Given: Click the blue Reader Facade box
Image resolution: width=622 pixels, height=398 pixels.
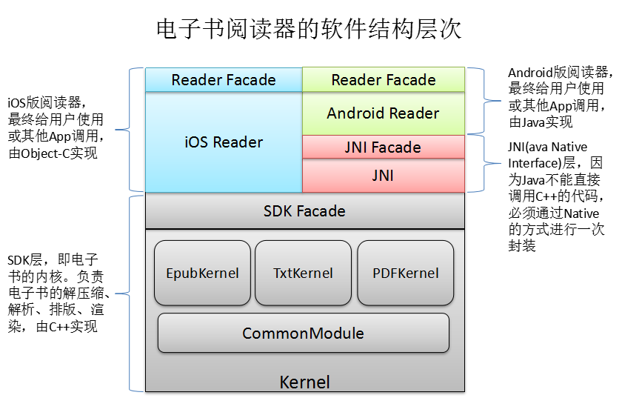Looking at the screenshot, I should [x=223, y=79].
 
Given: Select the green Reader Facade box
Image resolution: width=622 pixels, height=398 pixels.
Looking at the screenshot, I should [x=383, y=79].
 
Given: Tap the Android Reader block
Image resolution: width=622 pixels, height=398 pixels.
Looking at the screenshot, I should [x=383, y=113].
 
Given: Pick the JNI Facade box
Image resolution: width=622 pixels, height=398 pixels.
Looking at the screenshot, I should [x=383, y=147].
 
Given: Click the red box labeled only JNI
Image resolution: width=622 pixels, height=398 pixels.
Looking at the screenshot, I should [x=383, y=176].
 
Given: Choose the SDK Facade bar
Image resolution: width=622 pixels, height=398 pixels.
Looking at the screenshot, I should [x=304, y=211].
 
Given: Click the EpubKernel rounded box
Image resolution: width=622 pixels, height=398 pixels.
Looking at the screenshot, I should [x=202, y=273].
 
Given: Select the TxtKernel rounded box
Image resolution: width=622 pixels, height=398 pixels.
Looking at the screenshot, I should [x=303, y=273].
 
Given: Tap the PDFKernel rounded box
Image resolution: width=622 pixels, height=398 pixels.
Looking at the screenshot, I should [x=405, y=273].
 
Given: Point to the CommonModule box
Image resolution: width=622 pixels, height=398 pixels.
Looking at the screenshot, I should [x=303, y=333].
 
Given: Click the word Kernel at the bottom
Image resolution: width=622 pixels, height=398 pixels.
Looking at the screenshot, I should [x=304, y=382].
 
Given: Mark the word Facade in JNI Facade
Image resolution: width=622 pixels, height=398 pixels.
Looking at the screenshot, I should [x=396, y=147].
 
